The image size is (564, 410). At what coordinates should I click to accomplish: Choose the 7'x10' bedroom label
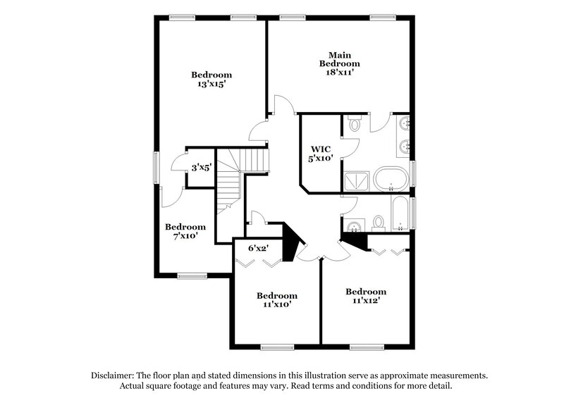[x=185, y=232]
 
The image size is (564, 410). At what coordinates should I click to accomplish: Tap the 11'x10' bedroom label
[x=276, y=300]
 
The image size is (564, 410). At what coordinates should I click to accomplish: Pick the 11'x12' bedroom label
[x=365, y=296]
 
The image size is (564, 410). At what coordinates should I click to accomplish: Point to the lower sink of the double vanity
[x=405, y=147]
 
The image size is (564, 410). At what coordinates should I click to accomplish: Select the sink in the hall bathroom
[x=355, y=226]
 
